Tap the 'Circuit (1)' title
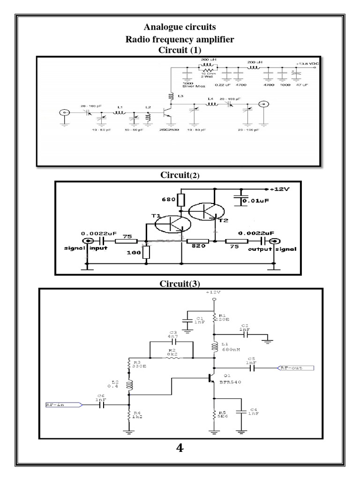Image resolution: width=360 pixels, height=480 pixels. coord(180,50)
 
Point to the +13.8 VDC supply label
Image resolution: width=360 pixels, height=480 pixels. coord(306,64)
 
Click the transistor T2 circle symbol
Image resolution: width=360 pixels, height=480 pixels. coord(206,211)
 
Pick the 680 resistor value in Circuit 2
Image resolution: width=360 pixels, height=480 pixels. coord(169,201)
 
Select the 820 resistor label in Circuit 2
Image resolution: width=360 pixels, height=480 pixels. coord(194,250)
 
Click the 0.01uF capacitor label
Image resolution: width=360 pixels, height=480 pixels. coord(257,202)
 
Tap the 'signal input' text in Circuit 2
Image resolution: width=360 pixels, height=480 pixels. coord(87,249)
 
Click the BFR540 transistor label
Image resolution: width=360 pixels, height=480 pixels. coord(232,382)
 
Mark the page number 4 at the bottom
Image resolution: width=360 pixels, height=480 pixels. coord(180,449)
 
